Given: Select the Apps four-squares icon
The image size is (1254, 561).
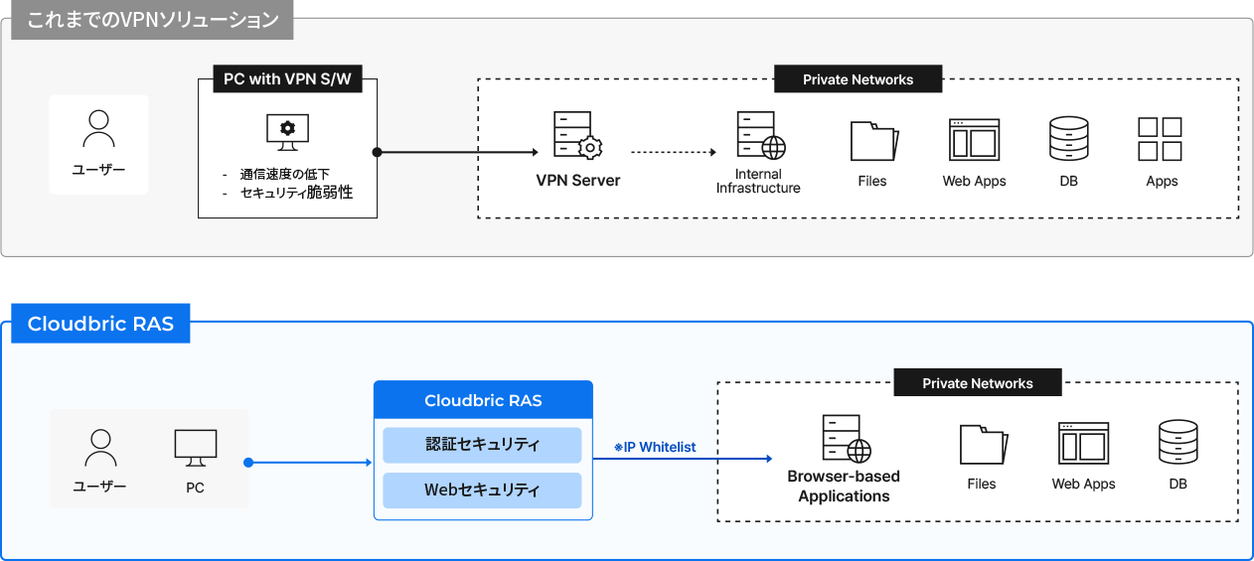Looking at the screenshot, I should pos(1160,139).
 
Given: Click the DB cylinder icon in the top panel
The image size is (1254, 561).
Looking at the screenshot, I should pos(1068,139).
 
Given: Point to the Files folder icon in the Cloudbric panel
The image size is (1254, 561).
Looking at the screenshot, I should pos(983,444).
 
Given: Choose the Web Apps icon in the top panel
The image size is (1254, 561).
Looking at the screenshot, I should pos(974,140).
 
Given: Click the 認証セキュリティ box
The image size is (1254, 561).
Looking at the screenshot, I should pos(482,445).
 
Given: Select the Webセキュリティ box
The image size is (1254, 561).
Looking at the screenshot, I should pos(482,490).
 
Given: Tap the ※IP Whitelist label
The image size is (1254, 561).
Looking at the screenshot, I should pos(655,448).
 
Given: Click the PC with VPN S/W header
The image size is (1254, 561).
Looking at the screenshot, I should pos(287,79).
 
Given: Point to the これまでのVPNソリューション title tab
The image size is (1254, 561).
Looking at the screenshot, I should pos(152,20).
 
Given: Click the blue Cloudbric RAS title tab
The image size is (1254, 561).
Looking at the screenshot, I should pos(100,325).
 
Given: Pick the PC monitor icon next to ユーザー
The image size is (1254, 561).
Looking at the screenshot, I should pos(195,447).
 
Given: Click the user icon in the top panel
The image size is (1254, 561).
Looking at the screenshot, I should pos(98,128).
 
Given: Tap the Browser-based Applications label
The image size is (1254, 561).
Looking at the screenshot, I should pos(844,486).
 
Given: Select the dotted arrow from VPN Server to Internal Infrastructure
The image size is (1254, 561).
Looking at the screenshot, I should pos(673,153).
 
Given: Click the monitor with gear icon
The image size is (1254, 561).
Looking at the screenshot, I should pos(287,131).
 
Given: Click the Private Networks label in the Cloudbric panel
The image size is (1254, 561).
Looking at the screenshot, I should pos(977,383).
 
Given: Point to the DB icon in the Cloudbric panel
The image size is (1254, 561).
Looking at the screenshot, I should pos(1177,443).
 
